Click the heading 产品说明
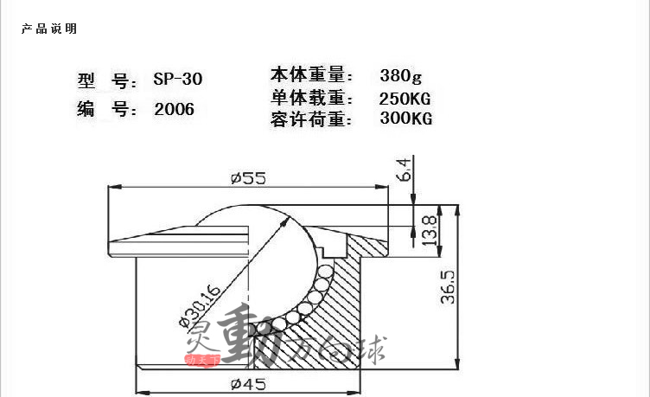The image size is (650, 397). tap(49, 29)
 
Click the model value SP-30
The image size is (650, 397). tap(178, 79)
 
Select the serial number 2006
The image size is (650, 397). tap(174, 109)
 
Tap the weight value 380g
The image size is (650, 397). tap(400, 76)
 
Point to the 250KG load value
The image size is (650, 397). tap(405, 99)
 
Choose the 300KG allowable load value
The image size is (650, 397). tap(406, 118)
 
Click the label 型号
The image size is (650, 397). tap(107, 80)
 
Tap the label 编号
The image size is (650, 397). tap(107, 110)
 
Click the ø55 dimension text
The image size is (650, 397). tap(249, 178)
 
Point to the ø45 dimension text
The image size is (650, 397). tap(249, 384)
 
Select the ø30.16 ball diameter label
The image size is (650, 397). tap(200, 305)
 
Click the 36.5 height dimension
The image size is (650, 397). tap(448, 287)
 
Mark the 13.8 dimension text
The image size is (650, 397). tap(429, 230)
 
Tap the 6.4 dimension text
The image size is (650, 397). tap(404, 170)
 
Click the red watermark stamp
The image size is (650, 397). tap(202, 360)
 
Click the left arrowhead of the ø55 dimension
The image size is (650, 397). tap(115, 187)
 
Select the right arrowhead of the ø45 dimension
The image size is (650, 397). tap(354, 393)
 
